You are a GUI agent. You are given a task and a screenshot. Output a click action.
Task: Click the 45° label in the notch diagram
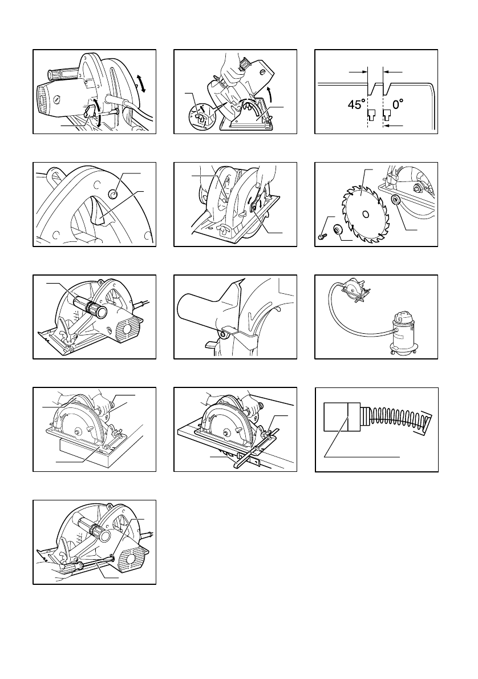(356, 105)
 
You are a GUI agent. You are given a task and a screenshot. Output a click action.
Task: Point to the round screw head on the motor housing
(57, 98)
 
